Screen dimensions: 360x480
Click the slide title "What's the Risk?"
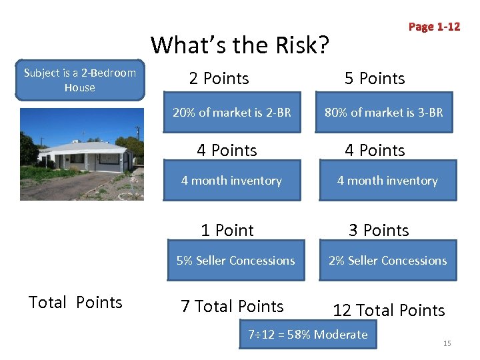240,45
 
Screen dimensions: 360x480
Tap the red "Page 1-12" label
434,27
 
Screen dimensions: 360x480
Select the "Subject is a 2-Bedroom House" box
79,81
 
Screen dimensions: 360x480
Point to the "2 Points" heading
219,79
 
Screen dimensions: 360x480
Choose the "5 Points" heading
375,79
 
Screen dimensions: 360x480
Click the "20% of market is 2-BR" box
231,113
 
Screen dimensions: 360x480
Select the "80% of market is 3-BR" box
383,113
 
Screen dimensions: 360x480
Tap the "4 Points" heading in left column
227,151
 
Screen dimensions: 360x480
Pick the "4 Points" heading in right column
375,151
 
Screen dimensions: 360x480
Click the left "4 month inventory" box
231,181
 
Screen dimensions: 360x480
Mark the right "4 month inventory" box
387,181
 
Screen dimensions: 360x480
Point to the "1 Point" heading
227,231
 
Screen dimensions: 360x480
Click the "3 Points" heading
379,231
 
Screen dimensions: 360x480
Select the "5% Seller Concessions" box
235,261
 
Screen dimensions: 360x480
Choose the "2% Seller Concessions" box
387,261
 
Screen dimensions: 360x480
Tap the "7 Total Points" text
232,307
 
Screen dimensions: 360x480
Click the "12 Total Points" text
389,311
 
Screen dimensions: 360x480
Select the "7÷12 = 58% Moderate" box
308,335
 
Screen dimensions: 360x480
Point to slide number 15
447,343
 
